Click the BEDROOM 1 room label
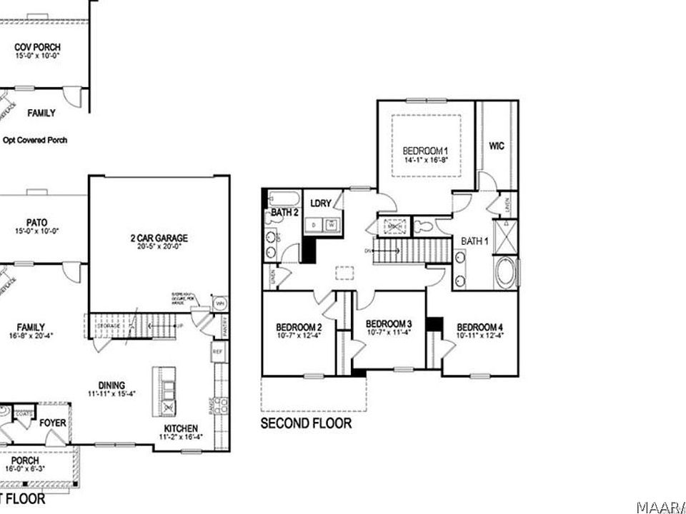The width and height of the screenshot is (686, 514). (x=425, y=151)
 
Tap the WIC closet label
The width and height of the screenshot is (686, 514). (x=497, y=146)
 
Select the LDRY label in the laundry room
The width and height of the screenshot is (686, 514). (x=321, y=203)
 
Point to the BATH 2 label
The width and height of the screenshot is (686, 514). (x=284, y=213)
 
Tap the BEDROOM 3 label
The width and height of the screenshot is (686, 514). (x=389, y=323)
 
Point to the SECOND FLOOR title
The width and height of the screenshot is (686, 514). (x=306, y=423)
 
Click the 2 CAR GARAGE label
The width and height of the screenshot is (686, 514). (x=159, y=238)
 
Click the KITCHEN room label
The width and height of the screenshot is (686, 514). (x=180, y=428)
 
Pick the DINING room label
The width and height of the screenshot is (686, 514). (x=113, y=385)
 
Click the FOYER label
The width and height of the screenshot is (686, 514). (x=53, y=423)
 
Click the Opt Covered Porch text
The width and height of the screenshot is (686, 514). (x=35, y=140)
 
